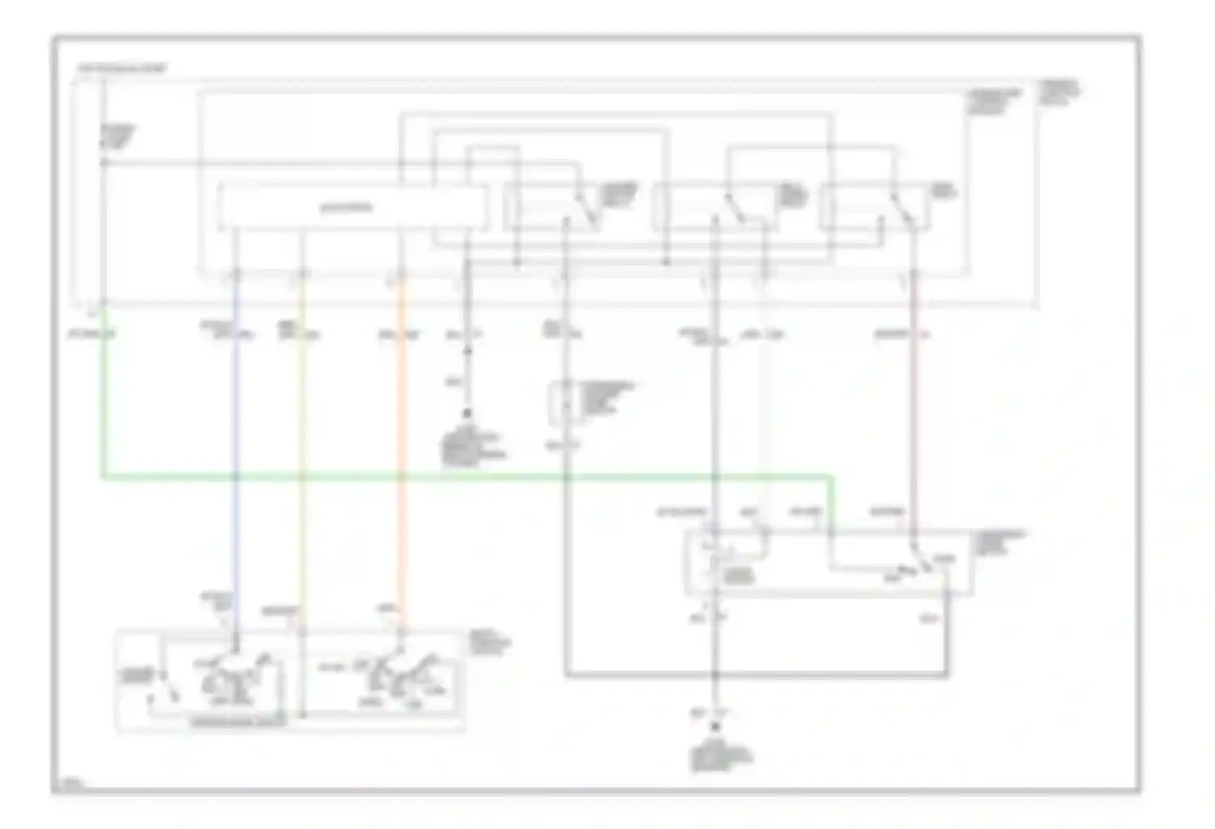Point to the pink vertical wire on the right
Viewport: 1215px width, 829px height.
[x=913, y=405]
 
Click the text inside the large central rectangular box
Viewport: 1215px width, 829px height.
[x=346, y=208]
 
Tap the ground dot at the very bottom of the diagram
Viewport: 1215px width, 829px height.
[x=715, y=728]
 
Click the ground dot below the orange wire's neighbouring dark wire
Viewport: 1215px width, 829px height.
[x=467, y=414]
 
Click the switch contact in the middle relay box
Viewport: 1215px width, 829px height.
[x=735, y=207]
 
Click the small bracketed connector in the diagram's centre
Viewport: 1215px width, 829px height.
[x=559, y=402]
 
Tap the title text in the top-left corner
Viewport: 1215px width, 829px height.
[x=122, y=69]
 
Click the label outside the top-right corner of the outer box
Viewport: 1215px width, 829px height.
[x=1059, y=92]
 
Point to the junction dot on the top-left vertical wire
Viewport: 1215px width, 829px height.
[x=104, y=163]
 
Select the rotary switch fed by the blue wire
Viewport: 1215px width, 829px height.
[x=233, y=672]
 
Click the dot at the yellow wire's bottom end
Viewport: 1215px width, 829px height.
[x=301, y=716]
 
